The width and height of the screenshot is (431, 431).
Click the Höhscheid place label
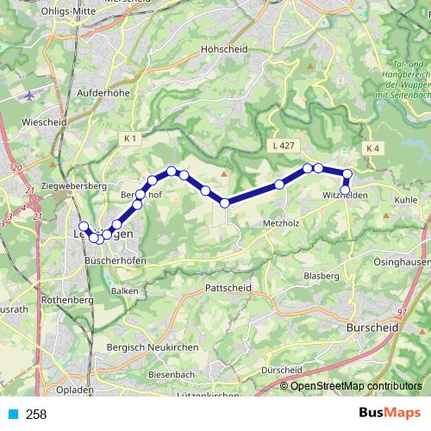pos(222,49)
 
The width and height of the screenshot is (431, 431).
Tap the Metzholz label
pos(279,222)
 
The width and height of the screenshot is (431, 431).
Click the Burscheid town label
pos(370,328)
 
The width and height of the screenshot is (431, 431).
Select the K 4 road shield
pos(372,148)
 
